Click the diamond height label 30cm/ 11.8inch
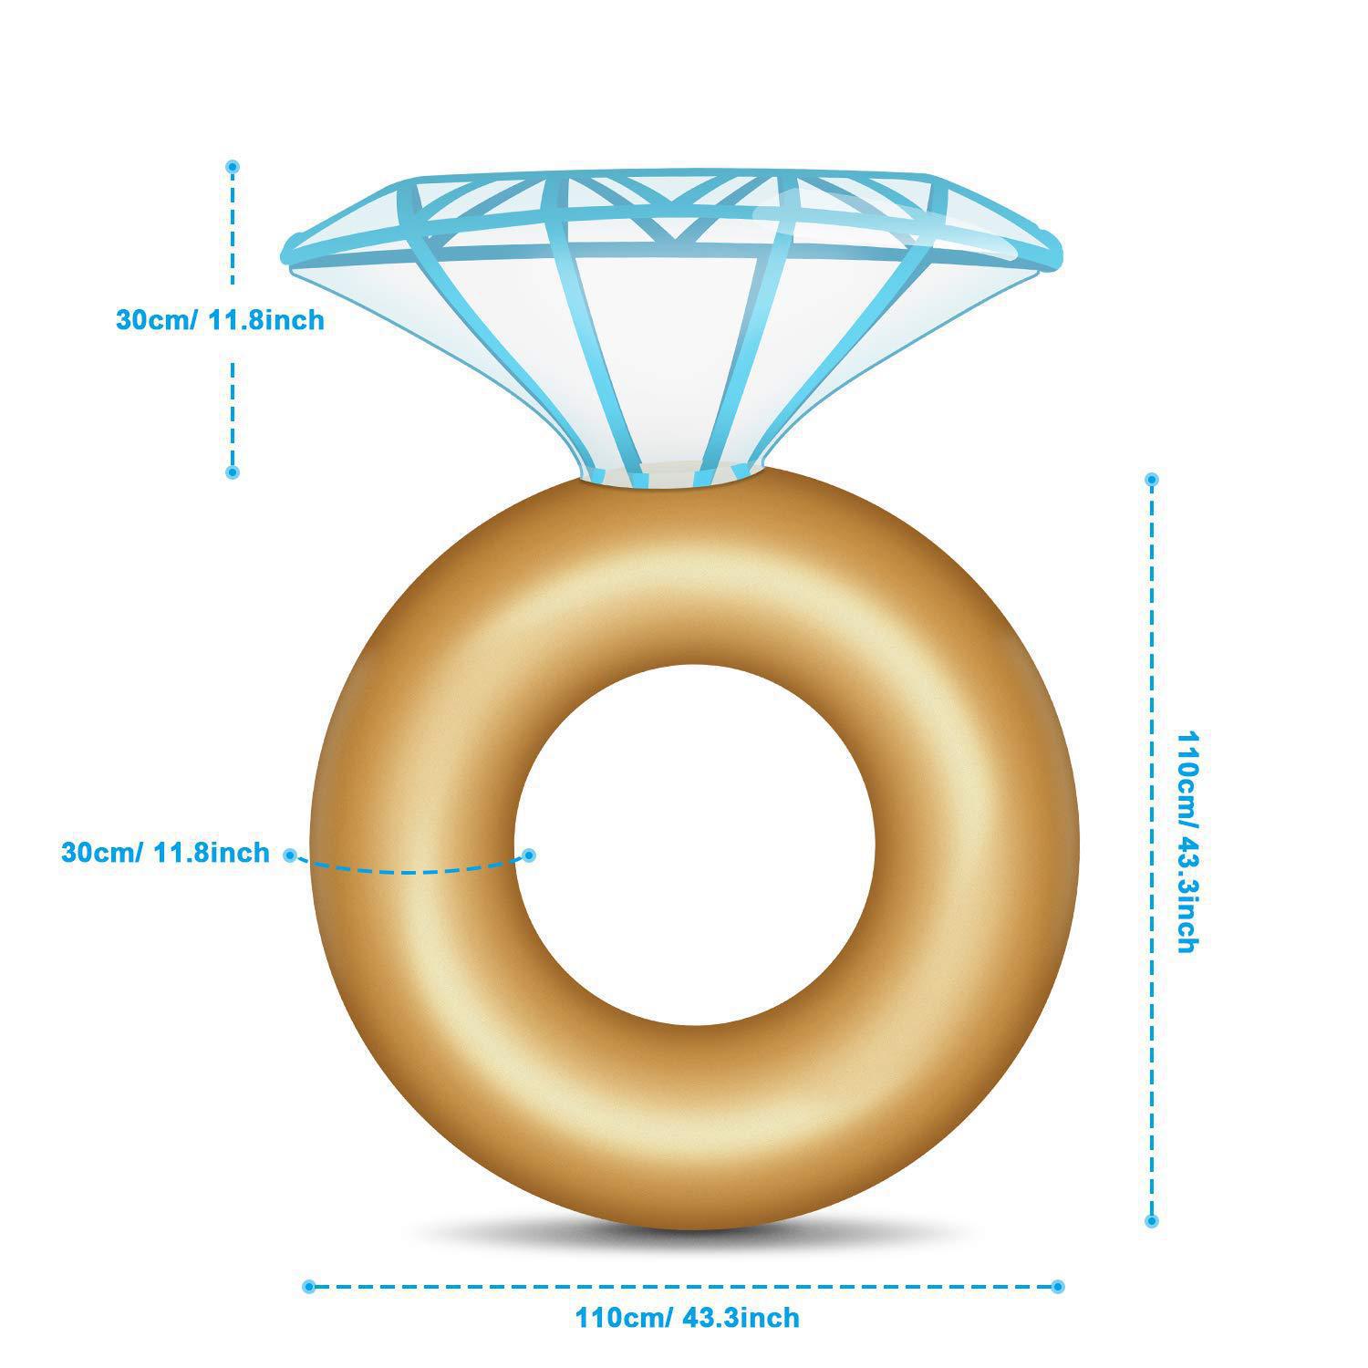220,320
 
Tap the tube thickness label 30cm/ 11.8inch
165,853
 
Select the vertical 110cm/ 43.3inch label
1187,841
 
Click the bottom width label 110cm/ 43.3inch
687,1317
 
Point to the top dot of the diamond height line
233,167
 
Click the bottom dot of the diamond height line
233,472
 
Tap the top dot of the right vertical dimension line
1152,479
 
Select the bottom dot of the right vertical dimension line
1152,1220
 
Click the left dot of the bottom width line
308,1287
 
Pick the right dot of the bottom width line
1057,1287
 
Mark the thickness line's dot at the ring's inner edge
529,855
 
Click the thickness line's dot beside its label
290,855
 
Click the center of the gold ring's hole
694,844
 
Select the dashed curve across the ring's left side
410,871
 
